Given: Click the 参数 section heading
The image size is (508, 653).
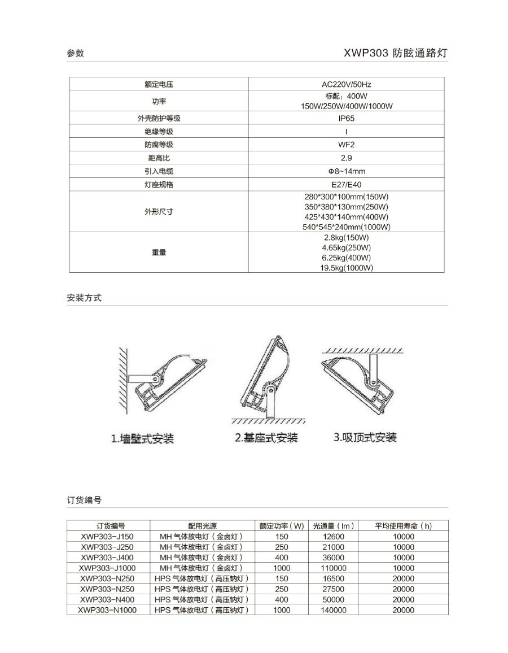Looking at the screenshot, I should pyautogui.click(x=75, y=53).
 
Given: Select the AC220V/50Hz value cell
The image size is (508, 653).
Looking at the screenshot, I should pyautogui.click(x=346, y=84).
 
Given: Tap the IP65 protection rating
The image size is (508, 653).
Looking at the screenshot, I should pyautogui.click(x=346, y=119).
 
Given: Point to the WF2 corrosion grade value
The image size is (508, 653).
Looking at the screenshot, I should pyautogui.click(x=346, y=145).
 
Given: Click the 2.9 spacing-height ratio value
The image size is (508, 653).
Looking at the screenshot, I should pyautogui.click(x=346, y=158).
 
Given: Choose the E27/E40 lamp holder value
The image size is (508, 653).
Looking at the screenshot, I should pyautogui.click(x=346, y=185).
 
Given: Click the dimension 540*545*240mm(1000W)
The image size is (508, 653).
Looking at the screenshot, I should pyautogui.click(x=346, y=227).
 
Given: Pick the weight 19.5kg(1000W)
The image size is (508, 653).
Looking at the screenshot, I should pyautogui.click(x=346, y=268).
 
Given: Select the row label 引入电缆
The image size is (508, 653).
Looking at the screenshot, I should pyautogui.click(x=159, y=171).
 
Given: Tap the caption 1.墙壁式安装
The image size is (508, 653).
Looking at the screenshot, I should pyautogui.click(x=142, y=438).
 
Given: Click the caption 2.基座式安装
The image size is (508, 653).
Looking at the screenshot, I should pyautogui.click(x=266, y=438).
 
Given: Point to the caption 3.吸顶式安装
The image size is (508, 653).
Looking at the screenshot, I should pyautogui.click(x=365, y=437).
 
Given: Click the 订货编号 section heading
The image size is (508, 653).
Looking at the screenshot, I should pyautogui.click(x=84, y=500).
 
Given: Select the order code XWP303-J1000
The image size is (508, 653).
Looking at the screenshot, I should pyautogui.click(x=107, y=568).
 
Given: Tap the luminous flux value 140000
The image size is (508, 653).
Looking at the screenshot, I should pyautogui.click(x=333, y=610).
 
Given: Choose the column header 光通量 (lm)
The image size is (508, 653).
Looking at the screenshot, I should pyautogui.click(x=333, y=526).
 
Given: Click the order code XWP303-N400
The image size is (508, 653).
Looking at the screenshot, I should pyautogui.click(x=107, y=599).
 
